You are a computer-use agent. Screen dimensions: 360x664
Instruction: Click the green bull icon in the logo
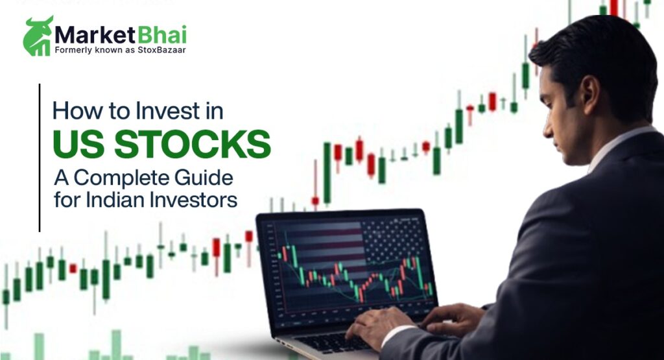pos(38,36)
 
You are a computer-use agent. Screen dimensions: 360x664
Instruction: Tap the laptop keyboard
pos(324,341)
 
